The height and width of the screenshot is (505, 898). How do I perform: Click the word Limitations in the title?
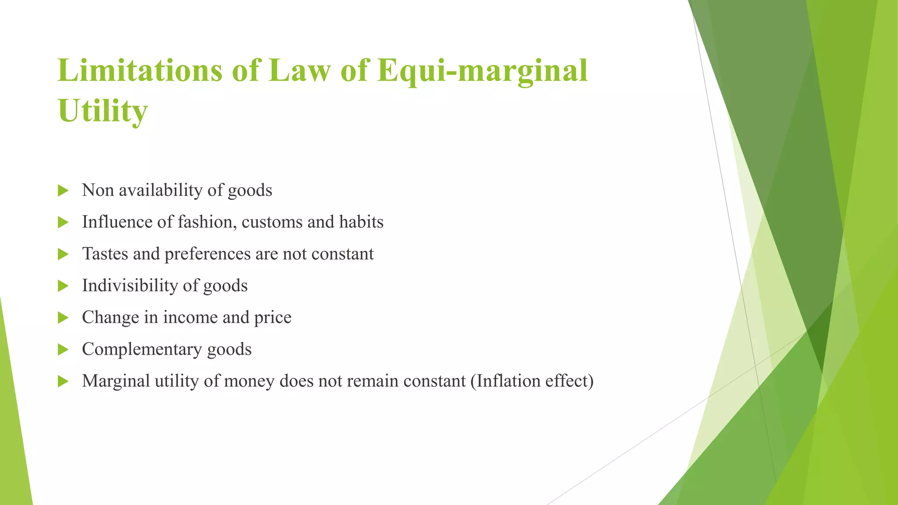pos(140,71)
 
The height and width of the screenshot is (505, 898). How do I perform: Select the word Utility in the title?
pos(103,111)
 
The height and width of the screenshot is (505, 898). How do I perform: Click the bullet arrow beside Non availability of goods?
pos(63,191)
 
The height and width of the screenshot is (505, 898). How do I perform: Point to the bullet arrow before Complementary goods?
pos(63,350)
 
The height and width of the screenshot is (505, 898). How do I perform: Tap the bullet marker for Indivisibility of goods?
pos(63,286)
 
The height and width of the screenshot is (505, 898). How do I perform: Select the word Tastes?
pos(105,254)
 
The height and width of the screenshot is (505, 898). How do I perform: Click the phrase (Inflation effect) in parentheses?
pos(532,381)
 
